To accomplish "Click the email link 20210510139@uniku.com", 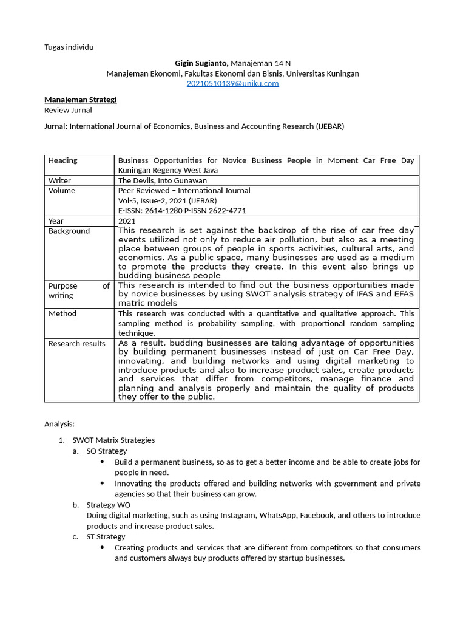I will pyautogui.click(x=232, y=84).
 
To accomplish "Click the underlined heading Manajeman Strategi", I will pyautogui.click(x=80, y=100).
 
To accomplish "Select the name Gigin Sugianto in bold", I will pyautogui.click(x=201, y=63).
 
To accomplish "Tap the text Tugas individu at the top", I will pyautogui.click(x=69, y=47).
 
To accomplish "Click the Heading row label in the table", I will pyautogui.click(x=63, y=160).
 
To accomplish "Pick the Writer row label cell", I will pyautogui.click(x=60, y=180).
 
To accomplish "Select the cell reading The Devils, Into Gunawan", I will pyautogui.click(x=162, y=180).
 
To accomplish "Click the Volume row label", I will pyautogui.click(x=62, y=191).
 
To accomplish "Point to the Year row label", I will pyautogui.click(x=56, y=221).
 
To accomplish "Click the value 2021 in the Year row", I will pyautogui.click(x=127, y=221).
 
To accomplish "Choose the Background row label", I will pyautogui.click(x=69, y=231).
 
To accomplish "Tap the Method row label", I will pyautogui.click(x=62, y=313).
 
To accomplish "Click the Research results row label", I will pyautogui.click(x=77, y=344).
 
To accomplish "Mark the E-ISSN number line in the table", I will pyautogui.click(x=182, y=211).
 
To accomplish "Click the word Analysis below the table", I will pyautogui.click(x=59, y=424).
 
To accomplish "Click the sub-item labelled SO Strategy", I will pyautogui.click(x=107, y=451).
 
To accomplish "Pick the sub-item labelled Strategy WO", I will pyautogui.click(x=108, y=505).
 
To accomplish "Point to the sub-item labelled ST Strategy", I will pyautogui.click(x=106, y=536).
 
